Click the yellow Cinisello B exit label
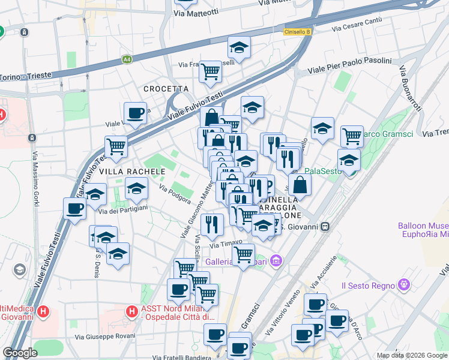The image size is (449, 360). coord(297,32)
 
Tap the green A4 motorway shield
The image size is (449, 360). coord(127,59)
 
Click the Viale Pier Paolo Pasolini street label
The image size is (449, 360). coord(349,66)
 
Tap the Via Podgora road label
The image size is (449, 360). coord(175,194)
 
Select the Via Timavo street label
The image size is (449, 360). coord(226,244)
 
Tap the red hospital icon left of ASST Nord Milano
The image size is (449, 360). coord(132,311)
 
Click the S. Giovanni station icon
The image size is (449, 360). coord(325,226)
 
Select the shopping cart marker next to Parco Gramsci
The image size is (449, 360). coord(352,136)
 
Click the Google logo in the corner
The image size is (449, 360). coord(20,352)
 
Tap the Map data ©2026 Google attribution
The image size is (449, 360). coord(412,355)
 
